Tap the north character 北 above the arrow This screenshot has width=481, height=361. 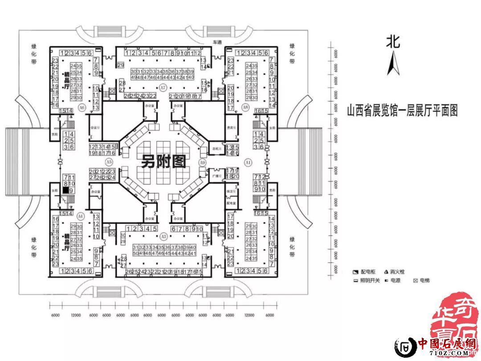[x=393, y=42]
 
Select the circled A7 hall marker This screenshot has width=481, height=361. [x=163, y=88]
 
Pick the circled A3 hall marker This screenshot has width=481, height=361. [x=163, y=236]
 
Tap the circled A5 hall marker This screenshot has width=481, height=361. [x=109, y=160]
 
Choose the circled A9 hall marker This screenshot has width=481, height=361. [x=203, y=163]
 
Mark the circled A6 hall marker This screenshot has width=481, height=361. [x=82, y=108]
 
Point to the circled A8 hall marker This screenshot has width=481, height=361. [x=245, y=107]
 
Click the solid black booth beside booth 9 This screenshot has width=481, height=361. [x=65, y=190]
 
